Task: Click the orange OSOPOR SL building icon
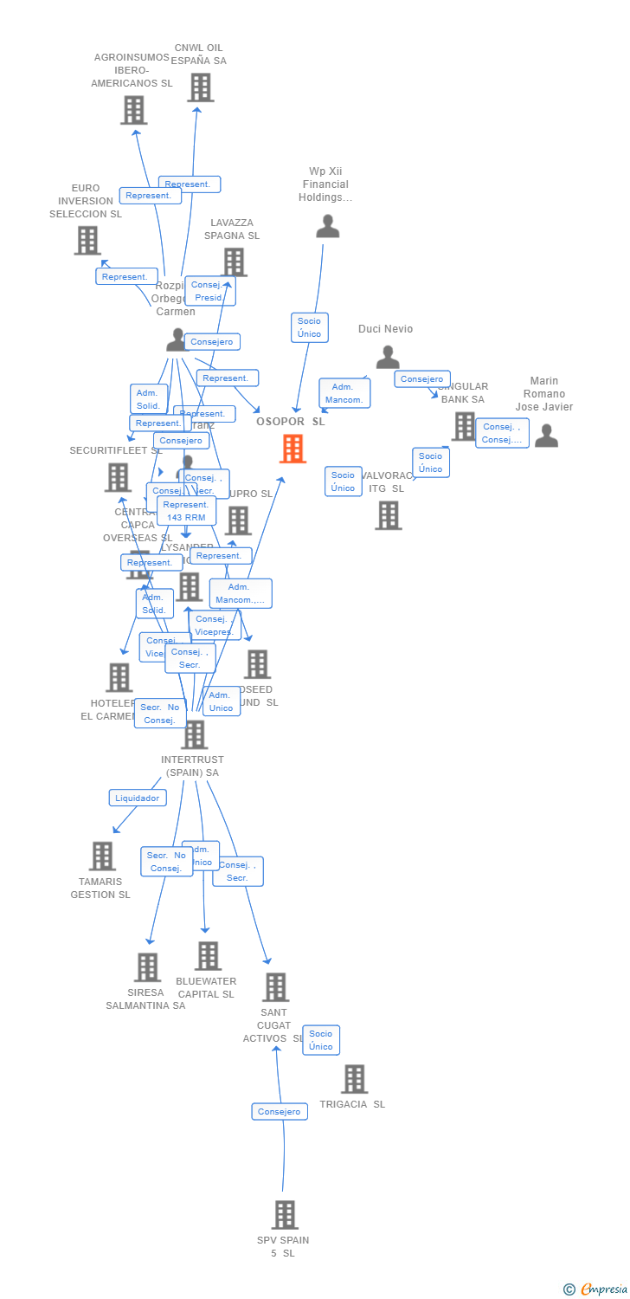292,449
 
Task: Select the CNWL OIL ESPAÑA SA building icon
200,87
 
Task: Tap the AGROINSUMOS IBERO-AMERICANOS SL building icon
133,110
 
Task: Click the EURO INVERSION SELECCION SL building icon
87,240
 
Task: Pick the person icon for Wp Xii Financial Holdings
328,226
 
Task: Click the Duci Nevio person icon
388,357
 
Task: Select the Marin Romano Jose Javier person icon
546,435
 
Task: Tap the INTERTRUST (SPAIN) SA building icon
195,734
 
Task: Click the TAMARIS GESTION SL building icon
102,856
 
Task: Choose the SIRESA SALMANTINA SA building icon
147,966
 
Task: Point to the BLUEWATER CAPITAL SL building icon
208,956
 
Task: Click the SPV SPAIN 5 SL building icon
285,1215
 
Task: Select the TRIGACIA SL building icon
354,1079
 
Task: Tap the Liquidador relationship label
138,798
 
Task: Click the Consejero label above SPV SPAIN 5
280,1111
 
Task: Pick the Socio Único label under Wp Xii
309,327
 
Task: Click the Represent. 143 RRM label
186,511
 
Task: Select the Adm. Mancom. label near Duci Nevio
344,393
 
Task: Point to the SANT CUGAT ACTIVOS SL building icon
275,987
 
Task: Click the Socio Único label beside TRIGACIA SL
321,1040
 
